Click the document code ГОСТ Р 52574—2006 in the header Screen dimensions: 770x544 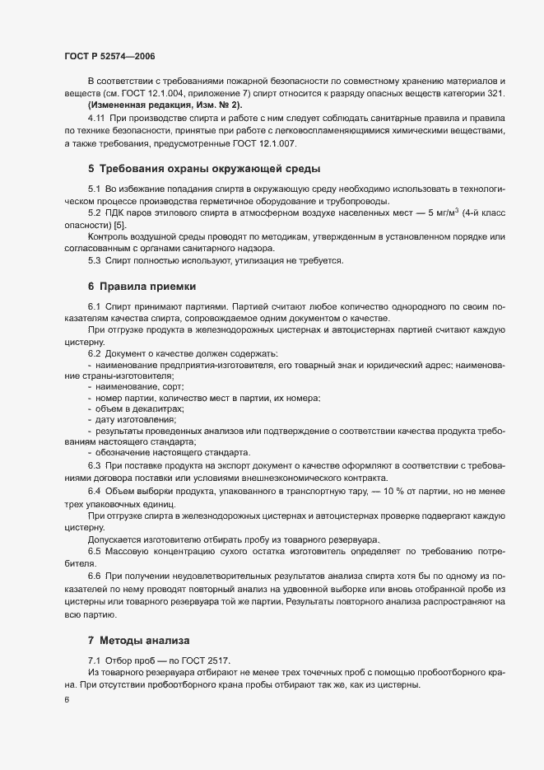(x=109, y=56)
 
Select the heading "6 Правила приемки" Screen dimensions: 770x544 (x=142, y=287)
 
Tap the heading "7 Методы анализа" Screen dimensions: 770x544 (x=138, y=639)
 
